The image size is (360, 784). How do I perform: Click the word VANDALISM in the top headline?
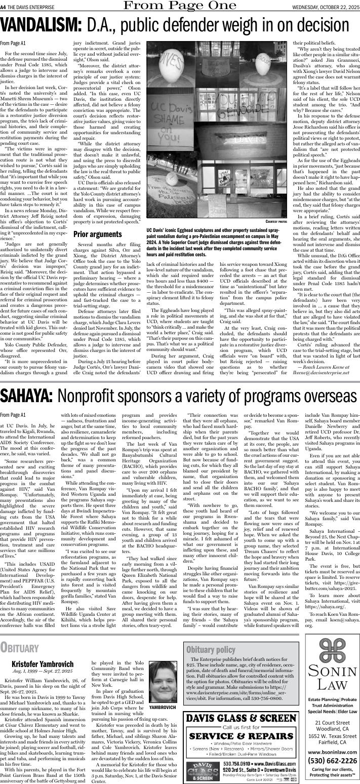click(40, 26)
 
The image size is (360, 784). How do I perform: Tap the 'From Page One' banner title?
click(179, 6)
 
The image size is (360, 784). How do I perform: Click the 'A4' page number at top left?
click(4, 6)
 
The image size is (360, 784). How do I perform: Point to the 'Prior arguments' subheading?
click(94, 234)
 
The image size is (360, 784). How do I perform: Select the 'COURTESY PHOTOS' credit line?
click(276, 221)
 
